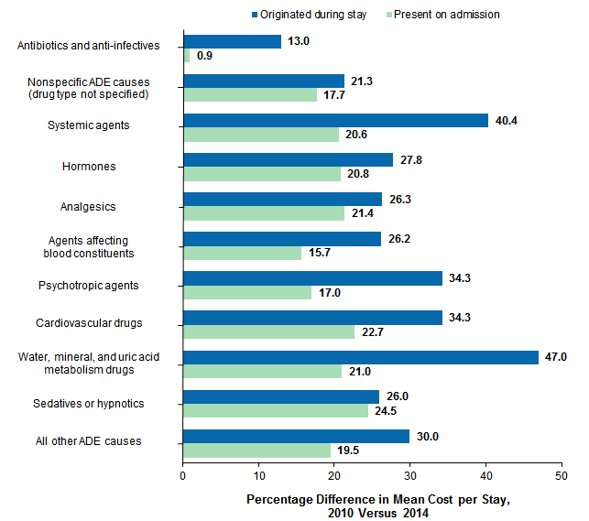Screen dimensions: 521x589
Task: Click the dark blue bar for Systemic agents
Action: tap(335, 120)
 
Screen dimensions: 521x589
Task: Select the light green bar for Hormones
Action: tap(262, 174)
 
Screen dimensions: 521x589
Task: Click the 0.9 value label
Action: tap(204, 56)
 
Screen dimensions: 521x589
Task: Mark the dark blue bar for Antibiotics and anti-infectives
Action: tap(233, 41)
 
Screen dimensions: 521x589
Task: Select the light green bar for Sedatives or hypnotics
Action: tap(276, 410)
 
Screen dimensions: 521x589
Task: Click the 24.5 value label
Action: tap(388, 411)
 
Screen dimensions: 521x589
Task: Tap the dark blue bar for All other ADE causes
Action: tap(297, 436)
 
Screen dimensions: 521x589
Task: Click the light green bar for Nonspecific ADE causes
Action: tap(250, 95)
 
